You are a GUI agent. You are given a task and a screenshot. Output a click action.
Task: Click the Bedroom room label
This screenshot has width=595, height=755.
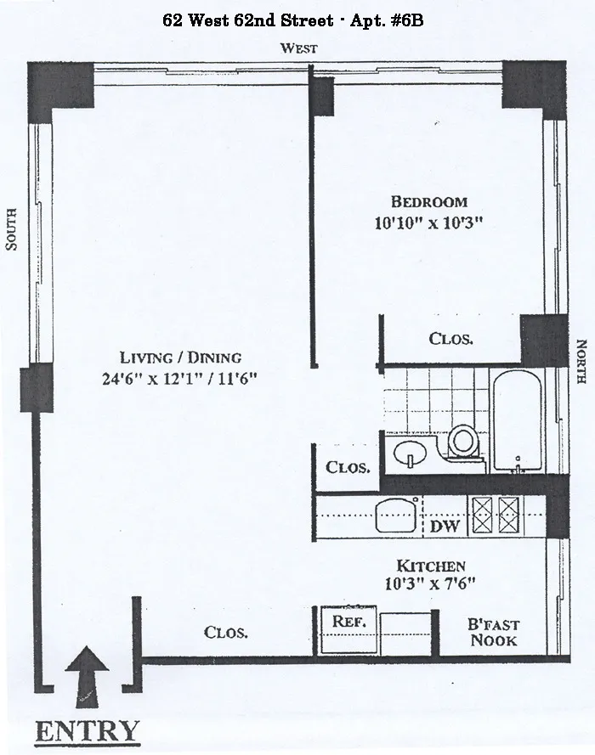coord(428,201)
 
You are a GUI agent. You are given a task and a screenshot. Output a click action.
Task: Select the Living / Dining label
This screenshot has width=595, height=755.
coord(180,358)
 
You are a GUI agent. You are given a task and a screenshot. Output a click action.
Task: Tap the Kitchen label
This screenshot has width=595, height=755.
coord(432,565)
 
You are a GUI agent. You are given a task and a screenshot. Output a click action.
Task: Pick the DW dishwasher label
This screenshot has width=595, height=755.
coord(445,527)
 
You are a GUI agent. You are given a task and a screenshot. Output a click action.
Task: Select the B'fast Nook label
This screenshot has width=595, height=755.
coord(494,632)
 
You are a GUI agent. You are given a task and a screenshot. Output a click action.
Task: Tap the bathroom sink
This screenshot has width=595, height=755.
coord(409,453)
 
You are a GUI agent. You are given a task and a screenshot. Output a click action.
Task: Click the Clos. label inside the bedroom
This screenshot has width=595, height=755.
coord(450,339)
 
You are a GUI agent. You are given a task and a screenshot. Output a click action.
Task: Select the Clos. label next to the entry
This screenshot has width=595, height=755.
coord(226,633)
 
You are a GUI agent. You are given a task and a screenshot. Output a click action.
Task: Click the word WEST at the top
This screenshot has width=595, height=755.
coord(299,48)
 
